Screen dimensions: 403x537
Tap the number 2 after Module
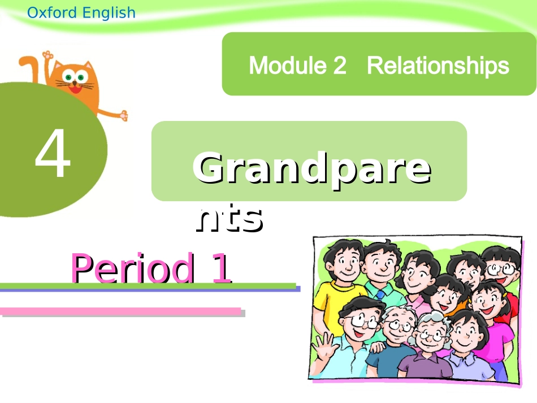point(339,66)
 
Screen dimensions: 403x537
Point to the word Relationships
point(438,66)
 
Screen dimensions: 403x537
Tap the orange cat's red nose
point(73,83)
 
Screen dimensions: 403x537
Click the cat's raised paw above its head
point(47,57)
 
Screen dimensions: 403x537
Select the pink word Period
point(132,269)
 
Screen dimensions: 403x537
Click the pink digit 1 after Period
point(222,269)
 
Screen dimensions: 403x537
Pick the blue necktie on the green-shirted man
point(380,294)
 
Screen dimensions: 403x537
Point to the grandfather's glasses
point(400,327)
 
